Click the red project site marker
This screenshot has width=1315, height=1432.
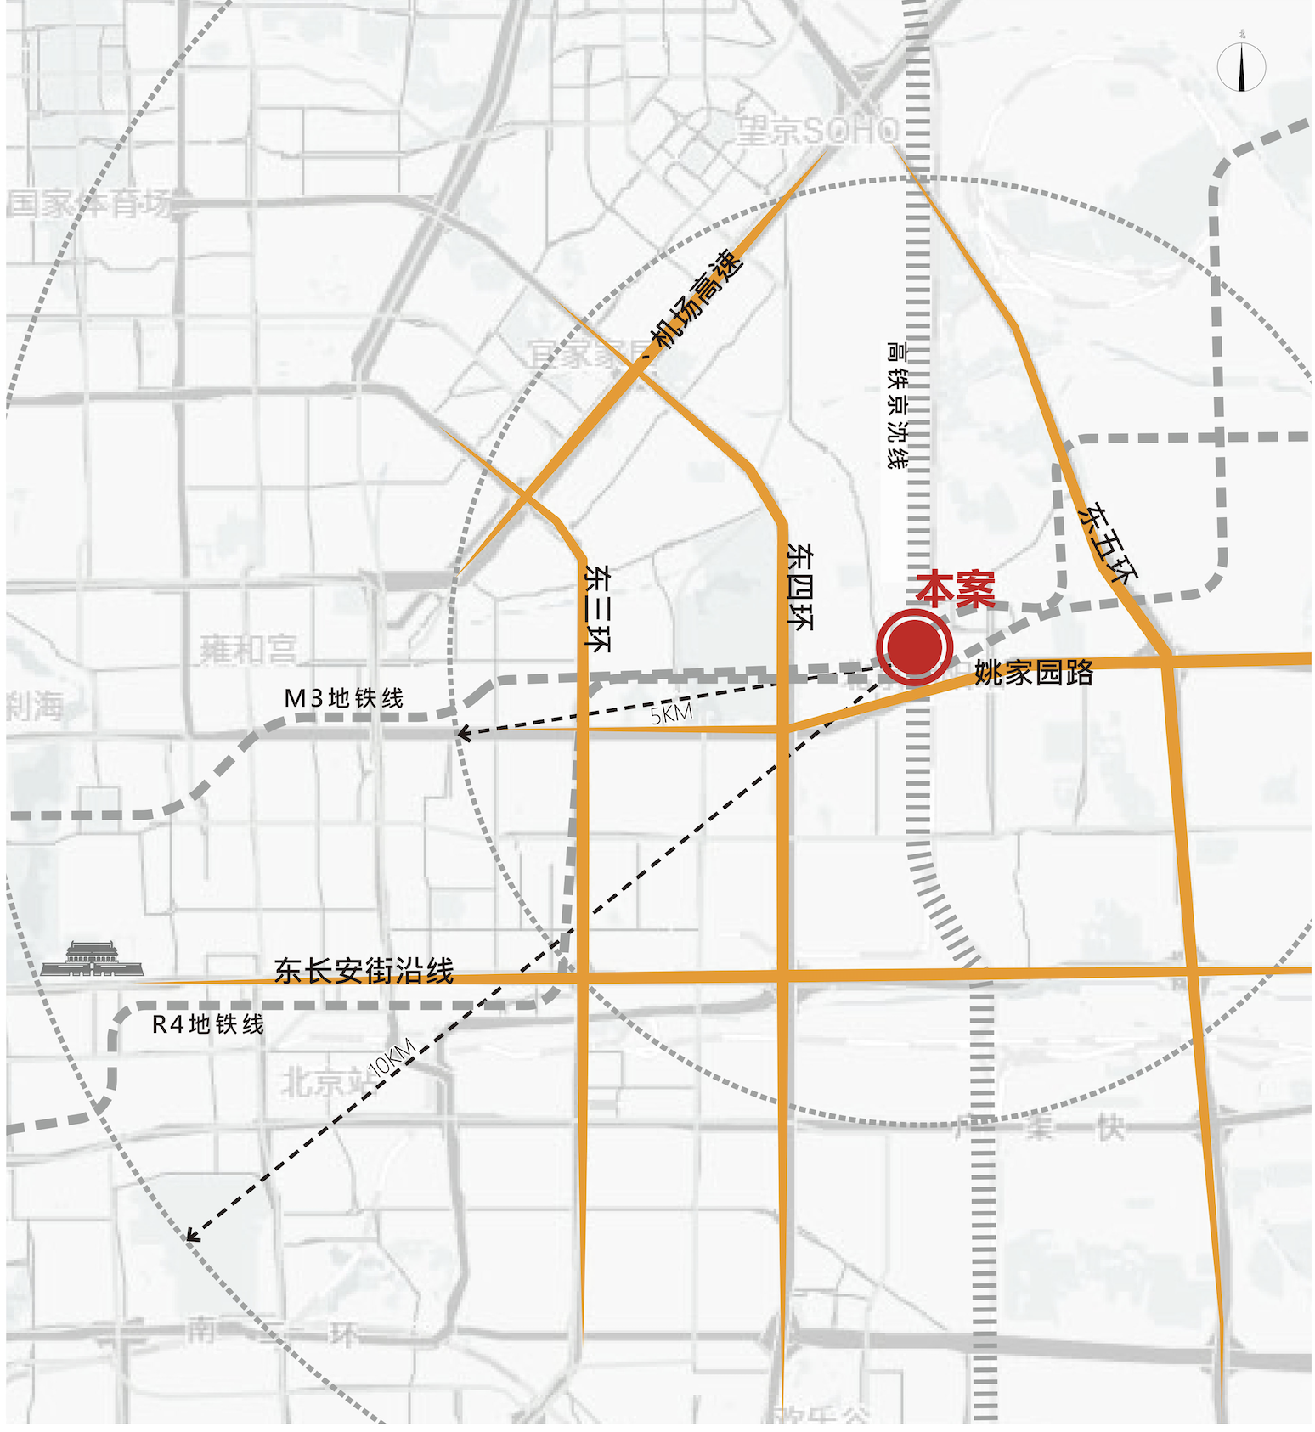[x=915, y=646]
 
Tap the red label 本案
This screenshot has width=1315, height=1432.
[x=955, y=589]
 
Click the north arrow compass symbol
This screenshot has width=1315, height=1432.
[x=1241, y=65]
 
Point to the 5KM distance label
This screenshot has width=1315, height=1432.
[x=671, y=713]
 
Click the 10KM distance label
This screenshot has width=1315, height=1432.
[x=392, y=1057]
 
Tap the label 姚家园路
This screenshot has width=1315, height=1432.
[x=1033, y=673]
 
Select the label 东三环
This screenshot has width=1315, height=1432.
[x=597, y=608]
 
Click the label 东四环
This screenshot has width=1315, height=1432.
[x=799, y=586]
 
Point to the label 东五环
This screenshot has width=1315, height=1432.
[x=1109, y=544]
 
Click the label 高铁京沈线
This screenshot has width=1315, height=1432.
[x=896, y=404]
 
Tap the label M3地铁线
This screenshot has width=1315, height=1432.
[x=343, y=698]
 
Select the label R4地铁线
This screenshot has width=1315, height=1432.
[x=207, y=1024]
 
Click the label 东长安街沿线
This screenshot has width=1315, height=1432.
[x=364, y=971]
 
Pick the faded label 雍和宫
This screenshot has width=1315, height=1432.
[x=248, y=650]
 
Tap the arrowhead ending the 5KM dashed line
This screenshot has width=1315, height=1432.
[x=461, y=735]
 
